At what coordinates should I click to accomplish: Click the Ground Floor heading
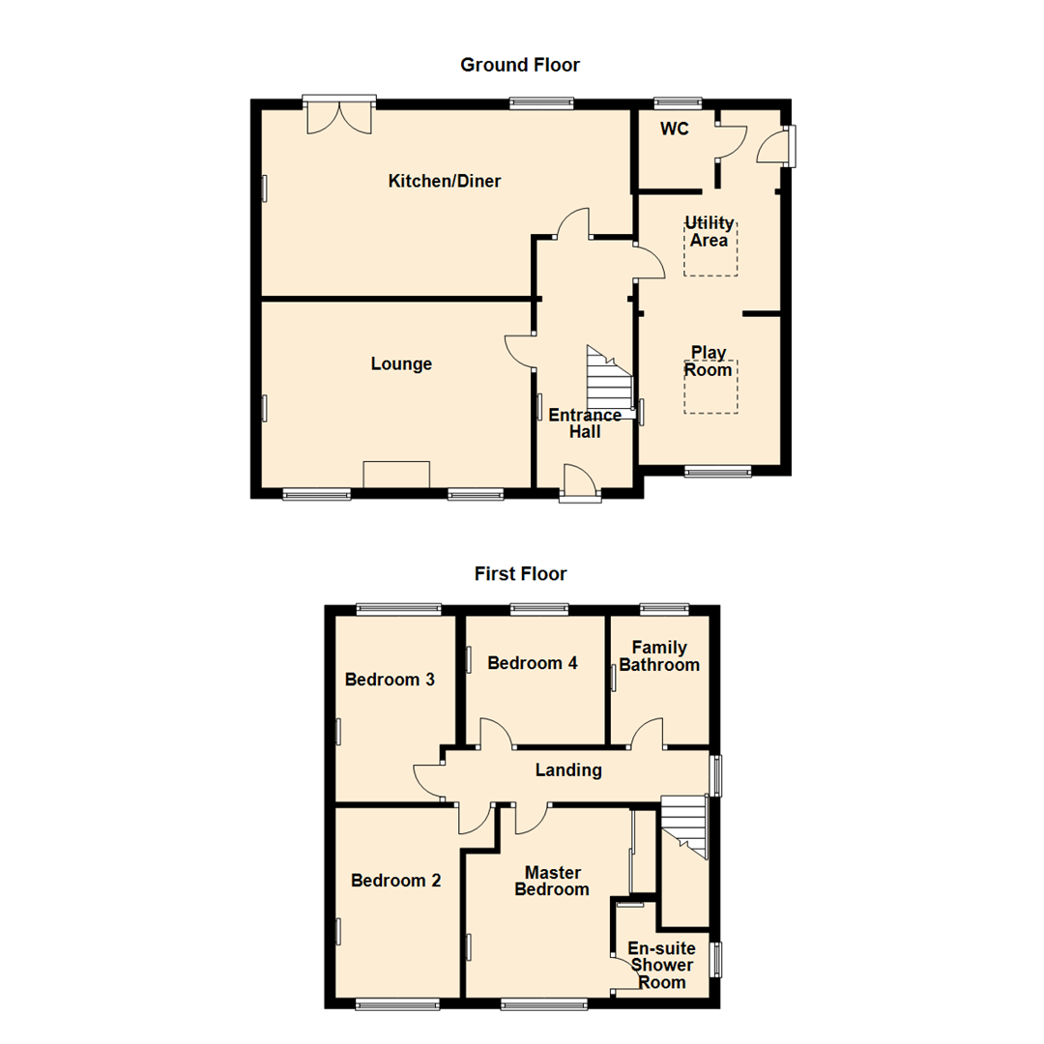(x=520, y=65)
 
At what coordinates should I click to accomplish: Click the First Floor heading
(x=520, y=573)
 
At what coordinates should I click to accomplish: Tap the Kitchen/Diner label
(x=445, y=181)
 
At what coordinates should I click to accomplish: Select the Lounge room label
(x=401, y=364)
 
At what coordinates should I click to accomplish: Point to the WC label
(x=674, y=130)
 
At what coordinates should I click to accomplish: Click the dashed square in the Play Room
(x=710, y=387)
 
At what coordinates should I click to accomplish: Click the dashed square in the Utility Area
(x=710, y=248)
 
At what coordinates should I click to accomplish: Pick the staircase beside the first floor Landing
(x=685, y=826)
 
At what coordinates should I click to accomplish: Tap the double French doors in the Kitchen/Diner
(x=338, y=116)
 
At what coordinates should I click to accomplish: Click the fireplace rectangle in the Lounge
(x=396, y=475)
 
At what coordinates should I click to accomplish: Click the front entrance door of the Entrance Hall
(x=580, y=483)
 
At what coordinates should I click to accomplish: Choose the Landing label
(x=569, y=770)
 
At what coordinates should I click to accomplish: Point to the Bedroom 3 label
(x=390, y=680)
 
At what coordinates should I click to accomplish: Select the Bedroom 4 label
(x=533, y=663)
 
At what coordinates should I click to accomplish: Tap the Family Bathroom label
(x=659, y=656)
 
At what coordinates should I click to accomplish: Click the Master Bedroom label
(x=552, y=881)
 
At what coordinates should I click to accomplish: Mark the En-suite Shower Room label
(x=661, y=965)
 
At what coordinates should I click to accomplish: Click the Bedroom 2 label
(x=395, y=881)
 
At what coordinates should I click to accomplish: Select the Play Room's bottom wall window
(x=717, y=472)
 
